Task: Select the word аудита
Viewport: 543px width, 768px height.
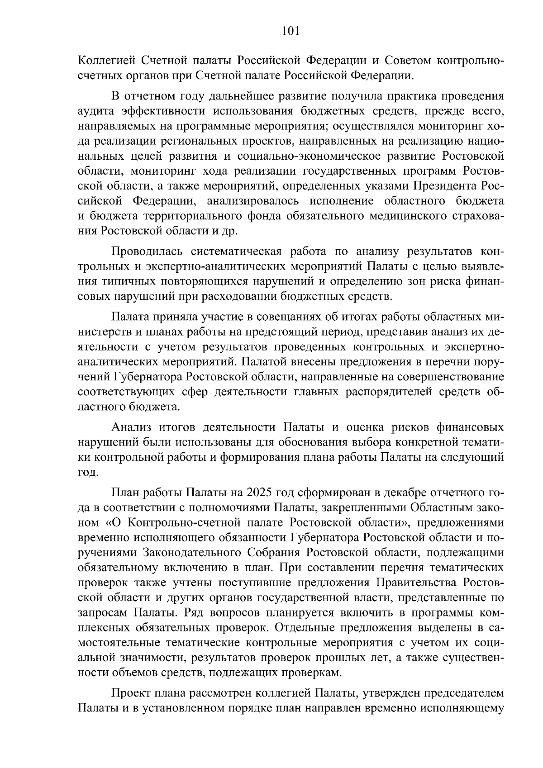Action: coord(94,111)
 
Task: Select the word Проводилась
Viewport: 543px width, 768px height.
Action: coord(144,251)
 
